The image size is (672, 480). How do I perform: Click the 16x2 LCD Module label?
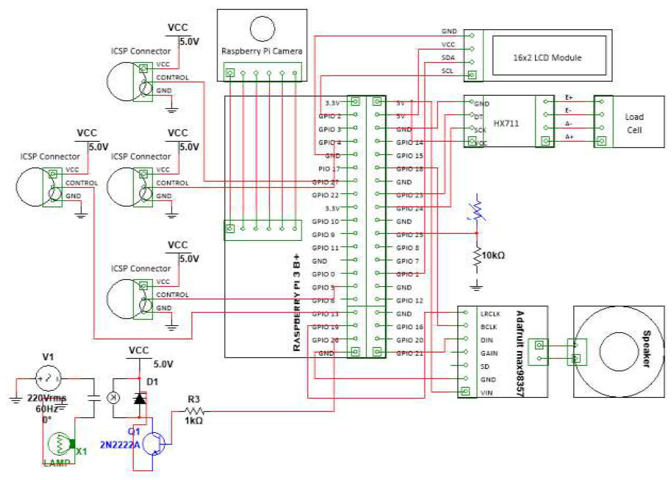pyautogui.click(x=547, y=58)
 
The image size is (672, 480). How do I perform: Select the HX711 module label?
pyautogui.click(x=506, y=124)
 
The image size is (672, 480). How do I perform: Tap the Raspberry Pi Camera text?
pyautogui.click(x=262, y=51)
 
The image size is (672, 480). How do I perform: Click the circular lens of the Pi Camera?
pyautogui.click(x=262, y=29)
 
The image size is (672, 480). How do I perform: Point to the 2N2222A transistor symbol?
pyautogui.click(x=154, y=444)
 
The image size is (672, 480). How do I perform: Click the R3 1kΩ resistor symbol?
pyautogui.click(x=195, y=411)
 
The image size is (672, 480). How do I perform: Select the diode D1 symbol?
pyautogui.click(x=140, y=399)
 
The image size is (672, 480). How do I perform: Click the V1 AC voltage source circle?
pyautogui.click(x=48, y=379)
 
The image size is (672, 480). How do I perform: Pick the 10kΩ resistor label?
pyautogui.click(x=493, y=255)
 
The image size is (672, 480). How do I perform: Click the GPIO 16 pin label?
pyautogui.click(x=409, y=327)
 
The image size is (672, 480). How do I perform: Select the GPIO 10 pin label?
pyautogui.click(x=325, y=222)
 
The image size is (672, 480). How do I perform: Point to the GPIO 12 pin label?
pyautogui.click(x=409, y=301)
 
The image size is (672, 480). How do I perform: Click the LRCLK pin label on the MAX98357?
pyautogui.click(x=490, y=314)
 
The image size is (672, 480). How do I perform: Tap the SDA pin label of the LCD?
pyautogui.click(x=448, y=58)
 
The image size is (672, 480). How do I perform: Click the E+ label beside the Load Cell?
pyautogui.click(x=569, y=97)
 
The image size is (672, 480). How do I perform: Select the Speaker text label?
pyautogui.click(x=646, y=349)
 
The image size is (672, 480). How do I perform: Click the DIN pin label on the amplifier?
pyautogui.click(x=486, y=340)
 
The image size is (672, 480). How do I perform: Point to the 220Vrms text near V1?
pyautogui.click(x=46, y=398)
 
